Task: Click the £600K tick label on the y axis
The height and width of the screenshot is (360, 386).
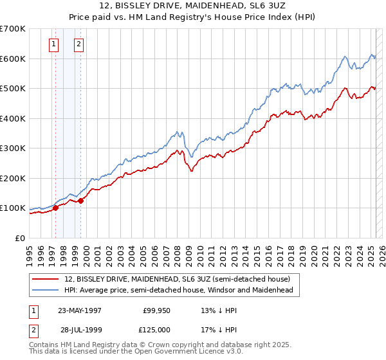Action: [x=13, y=59]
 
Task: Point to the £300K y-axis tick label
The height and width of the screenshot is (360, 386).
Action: [x=13, y=148]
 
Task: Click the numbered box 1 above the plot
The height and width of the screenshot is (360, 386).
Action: [x=53, y=44]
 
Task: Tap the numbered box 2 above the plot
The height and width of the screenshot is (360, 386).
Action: [x=78, y=44]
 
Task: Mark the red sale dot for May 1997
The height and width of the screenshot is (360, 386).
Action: [x=56, y=208]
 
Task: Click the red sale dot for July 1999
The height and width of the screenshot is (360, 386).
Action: [x=81, y=201]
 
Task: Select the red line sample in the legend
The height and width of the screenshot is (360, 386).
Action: [x=46, y=279]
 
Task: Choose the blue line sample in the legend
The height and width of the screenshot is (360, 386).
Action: [x=46, y=291]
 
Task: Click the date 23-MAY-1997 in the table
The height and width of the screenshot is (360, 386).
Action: [x=80, y=310]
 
